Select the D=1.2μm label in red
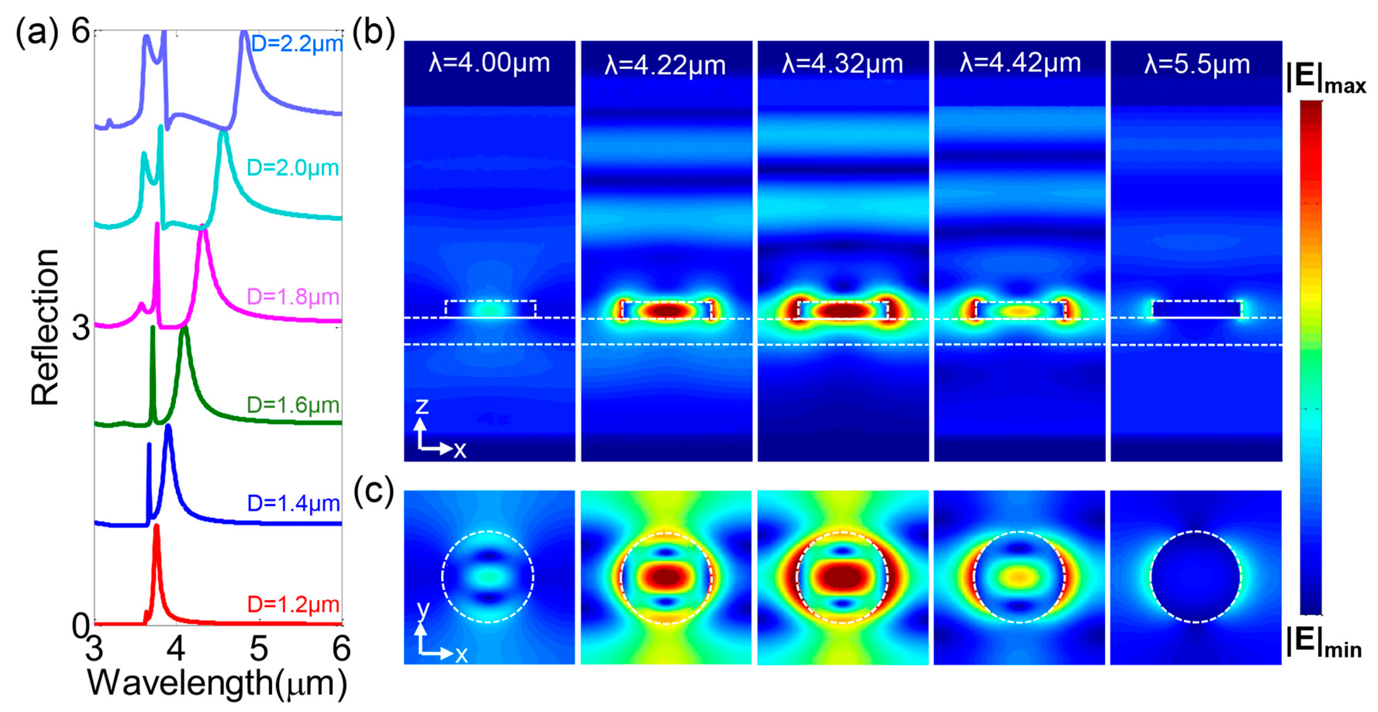[293, 605]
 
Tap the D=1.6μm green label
[293, 405]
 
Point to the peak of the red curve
[157, 526]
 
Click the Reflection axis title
[45, 327]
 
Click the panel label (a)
[36, 33]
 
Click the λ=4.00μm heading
[489, 63]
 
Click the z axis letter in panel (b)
[421, 406]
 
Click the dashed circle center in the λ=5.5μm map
[1196, 577]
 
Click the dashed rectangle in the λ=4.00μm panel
[490, 309]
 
